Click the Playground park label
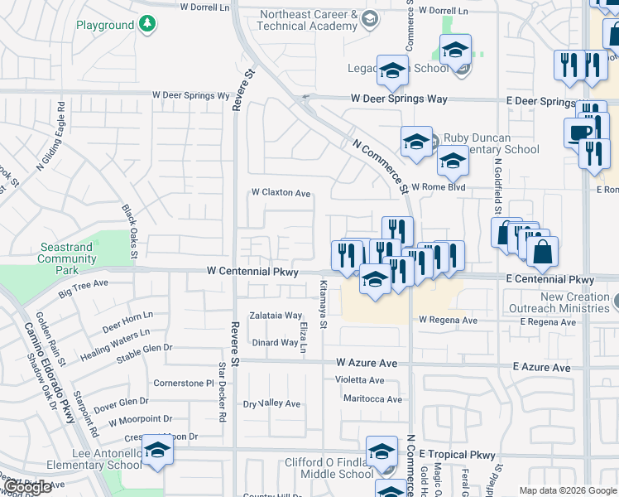pyautogui.click(x=104, y=25)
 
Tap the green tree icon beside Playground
pyautogui.click(x=146, y=24)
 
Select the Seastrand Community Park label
pyautogui.click(x=67, y=258)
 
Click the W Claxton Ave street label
pyautogui.click(x=281, y=193)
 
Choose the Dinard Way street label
pyautogui.click(x=275, y=342)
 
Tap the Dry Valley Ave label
pyautogui.click(x=271, y=403)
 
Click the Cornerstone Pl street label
pyautogui.click(x=184, y=383)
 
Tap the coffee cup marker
pyautogui.click(x=580, y=133)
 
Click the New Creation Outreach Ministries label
pyautogui.click(x=573, y=303)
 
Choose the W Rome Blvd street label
pyautogui.click(x=438, y=187)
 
